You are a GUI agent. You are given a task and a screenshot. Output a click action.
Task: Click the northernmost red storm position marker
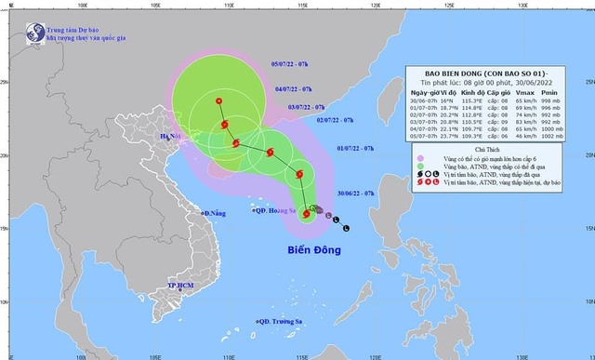click(x=218, y=100)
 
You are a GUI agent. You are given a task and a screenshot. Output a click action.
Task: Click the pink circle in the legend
click(x=420, y=159)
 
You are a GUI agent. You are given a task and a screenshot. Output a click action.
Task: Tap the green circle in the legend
click(x=420, y=167)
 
